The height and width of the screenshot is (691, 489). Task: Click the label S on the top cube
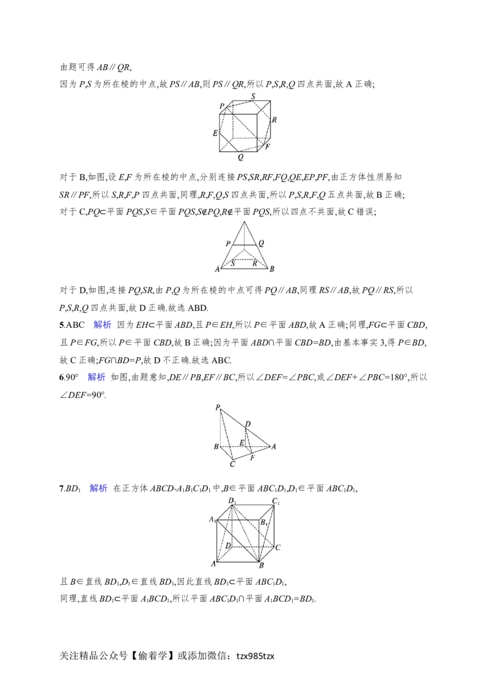point(253,96)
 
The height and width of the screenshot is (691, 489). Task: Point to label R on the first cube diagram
point(274,120)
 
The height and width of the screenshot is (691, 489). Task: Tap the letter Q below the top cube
point(241,157)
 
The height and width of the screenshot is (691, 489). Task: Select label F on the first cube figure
point(268,147)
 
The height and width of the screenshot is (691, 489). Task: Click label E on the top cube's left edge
point(215,133)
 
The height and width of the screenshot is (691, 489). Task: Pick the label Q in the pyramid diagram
point(261,244)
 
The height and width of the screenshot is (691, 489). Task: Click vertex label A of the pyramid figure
point(217,269)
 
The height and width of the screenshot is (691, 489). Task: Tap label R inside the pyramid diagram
point(255,264)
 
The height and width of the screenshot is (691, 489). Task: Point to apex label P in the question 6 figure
point(218,408)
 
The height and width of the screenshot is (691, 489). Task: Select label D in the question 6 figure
point(248,424)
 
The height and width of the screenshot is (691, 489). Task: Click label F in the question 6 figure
point(252,458)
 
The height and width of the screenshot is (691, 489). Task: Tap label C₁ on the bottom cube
point(276,501)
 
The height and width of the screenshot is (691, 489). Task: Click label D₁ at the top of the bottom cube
point(232,501)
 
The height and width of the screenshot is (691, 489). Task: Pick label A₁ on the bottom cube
point(212,519)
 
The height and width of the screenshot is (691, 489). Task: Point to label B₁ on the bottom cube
point(264,523)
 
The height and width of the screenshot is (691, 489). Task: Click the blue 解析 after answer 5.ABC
point(103,325)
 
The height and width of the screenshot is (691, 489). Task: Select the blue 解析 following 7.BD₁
point(98,488)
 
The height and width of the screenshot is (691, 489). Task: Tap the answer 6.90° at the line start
point(69,377)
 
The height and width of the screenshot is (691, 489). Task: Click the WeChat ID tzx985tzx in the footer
point(255,656)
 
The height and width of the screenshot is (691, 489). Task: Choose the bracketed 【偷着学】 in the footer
point(152,656)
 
